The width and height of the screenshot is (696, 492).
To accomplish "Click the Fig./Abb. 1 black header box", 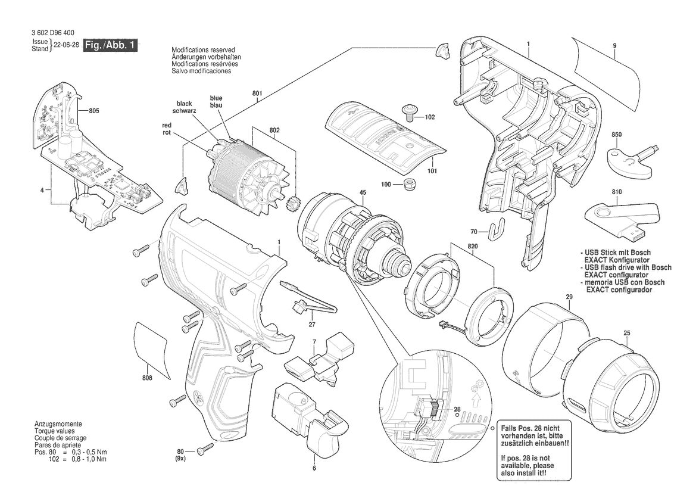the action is (111, 45).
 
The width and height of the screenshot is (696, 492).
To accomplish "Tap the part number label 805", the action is (93, 111).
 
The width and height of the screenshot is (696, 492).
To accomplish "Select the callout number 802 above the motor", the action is (274, 130).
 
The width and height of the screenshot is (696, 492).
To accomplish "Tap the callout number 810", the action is (616, 192).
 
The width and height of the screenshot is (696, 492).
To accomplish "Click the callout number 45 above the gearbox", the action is (363, 192).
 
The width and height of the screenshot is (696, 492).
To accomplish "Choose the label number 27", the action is (312, 325).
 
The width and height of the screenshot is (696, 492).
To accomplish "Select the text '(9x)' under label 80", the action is (180, 458).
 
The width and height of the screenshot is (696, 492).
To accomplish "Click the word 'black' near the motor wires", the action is (184, 104).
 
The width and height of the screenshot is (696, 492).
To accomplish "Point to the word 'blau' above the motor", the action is (216, 105).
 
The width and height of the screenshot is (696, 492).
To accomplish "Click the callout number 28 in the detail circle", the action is (457, 409).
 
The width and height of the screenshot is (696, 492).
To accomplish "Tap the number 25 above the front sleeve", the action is (627, 332).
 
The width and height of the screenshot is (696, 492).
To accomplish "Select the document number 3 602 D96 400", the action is (53, 32).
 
